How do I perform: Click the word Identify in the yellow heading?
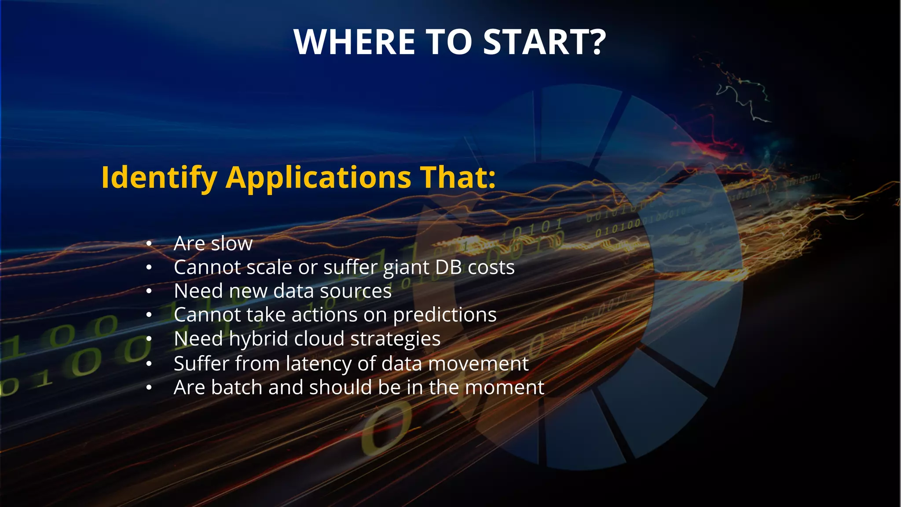coord(159,177)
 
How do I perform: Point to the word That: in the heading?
coord(458,177)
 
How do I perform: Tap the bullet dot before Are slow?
coord(149,243)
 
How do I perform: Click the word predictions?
coord(444,315)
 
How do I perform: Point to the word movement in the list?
coord(478,364)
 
